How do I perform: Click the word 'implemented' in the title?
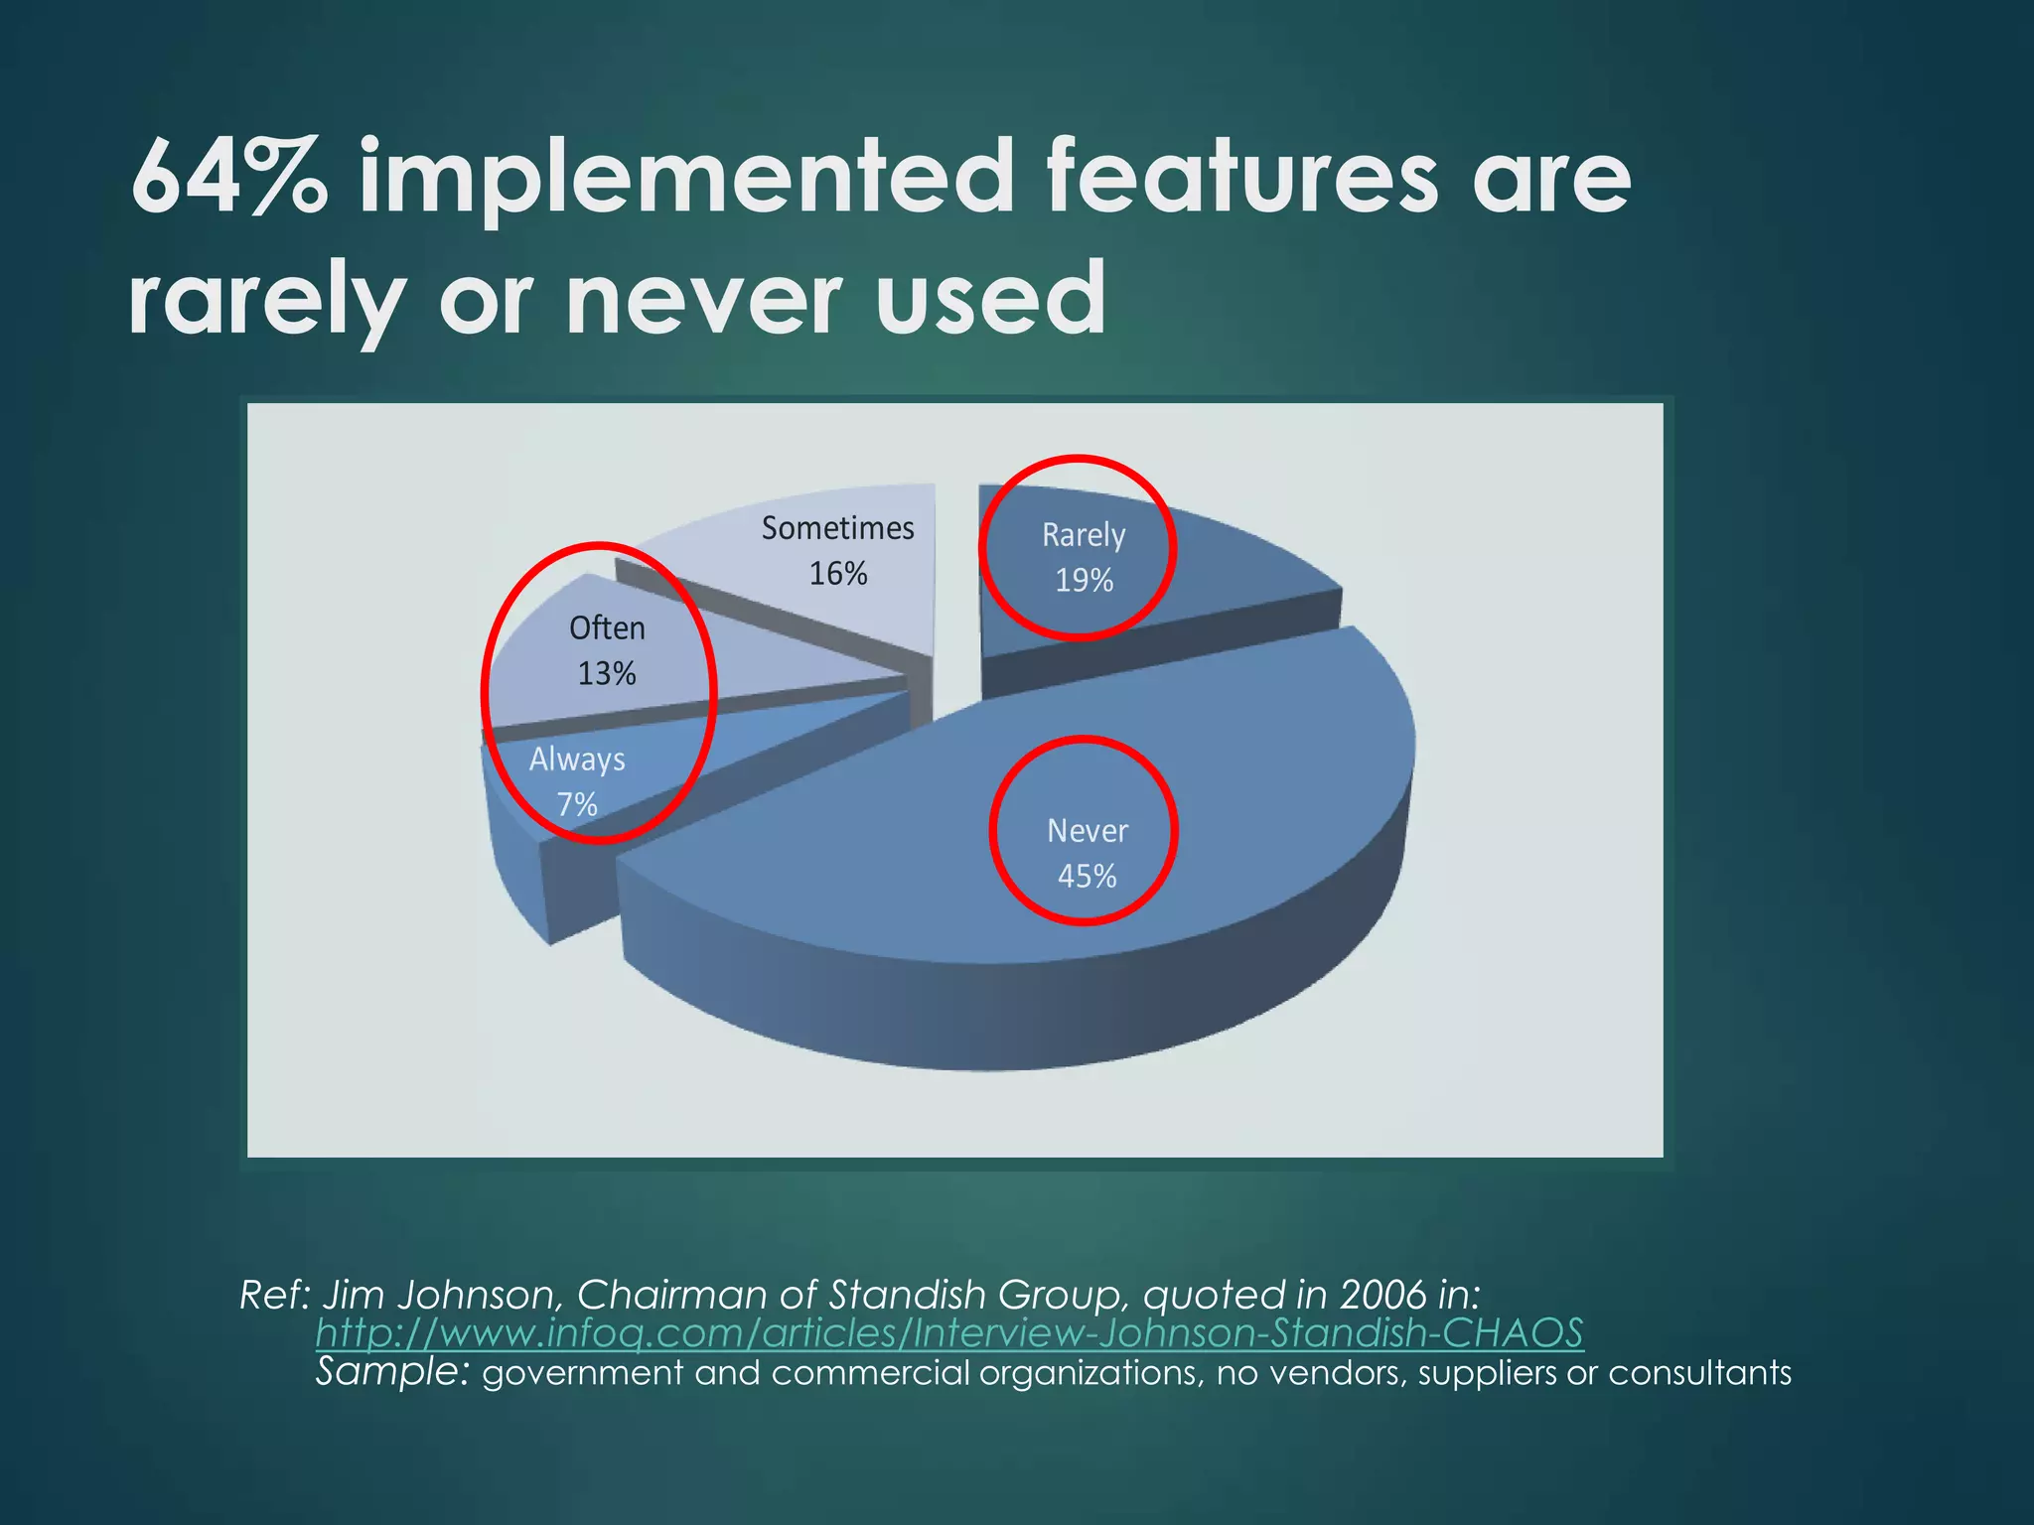click(685, 179)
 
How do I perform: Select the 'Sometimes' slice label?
click(837, 528)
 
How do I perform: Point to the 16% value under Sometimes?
click(837, 574)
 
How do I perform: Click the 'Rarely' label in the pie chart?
click(1083, 535)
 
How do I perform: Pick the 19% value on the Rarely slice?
click(1084, 581)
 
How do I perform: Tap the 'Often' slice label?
click(607, 628)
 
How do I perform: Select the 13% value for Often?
click(606, 674)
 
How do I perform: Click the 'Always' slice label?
click(577, 760)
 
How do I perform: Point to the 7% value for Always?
click(576, 804)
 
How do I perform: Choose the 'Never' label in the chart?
click(1087, 831)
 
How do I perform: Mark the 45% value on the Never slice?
click(1087, 877)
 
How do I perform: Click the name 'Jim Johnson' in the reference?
click(444, 1295)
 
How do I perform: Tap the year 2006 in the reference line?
click(1381, 1295)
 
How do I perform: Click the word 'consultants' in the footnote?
click(1699, 1373)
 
